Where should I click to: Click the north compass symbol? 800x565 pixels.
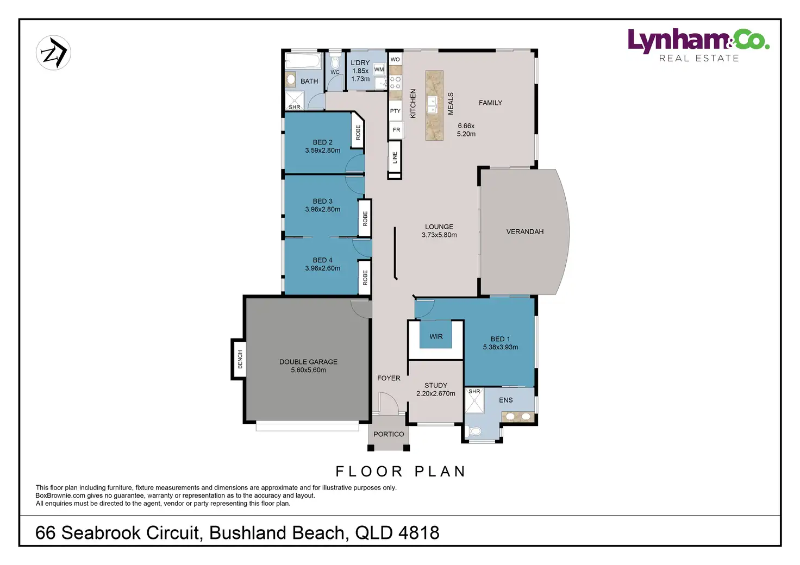54,53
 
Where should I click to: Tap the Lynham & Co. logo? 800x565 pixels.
698,45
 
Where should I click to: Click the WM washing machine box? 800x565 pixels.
379,70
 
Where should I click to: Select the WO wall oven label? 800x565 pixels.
395,59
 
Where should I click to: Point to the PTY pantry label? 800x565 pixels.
395,111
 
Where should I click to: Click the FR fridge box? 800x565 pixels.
396,130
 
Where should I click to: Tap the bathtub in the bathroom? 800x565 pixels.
303,61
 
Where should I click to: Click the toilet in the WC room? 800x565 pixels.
335,63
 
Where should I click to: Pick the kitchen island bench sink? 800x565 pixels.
432,105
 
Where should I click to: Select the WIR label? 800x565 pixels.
436,336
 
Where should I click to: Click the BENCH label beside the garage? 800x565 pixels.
240,359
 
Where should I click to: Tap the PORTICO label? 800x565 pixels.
389,434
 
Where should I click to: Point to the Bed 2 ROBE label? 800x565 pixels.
358,133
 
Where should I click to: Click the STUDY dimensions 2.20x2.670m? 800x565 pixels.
436,393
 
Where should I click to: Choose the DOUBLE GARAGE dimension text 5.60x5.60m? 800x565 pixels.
308,370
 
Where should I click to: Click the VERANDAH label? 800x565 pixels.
524,231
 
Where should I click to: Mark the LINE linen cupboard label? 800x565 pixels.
395,158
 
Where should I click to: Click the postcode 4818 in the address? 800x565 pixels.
419,533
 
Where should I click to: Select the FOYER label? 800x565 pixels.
389,378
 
